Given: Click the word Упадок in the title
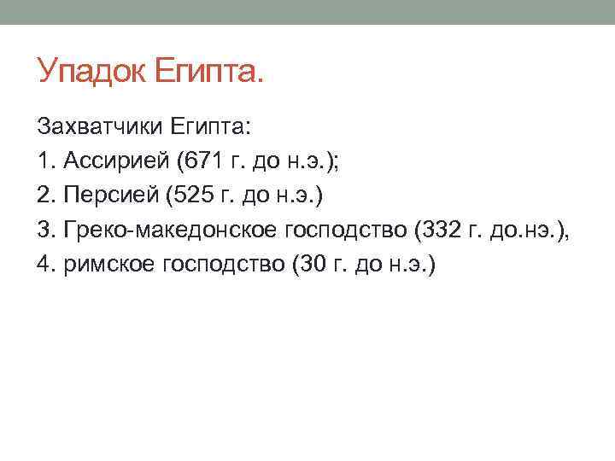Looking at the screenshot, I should pos(91,71).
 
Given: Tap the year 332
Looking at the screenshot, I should pos(429,230).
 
